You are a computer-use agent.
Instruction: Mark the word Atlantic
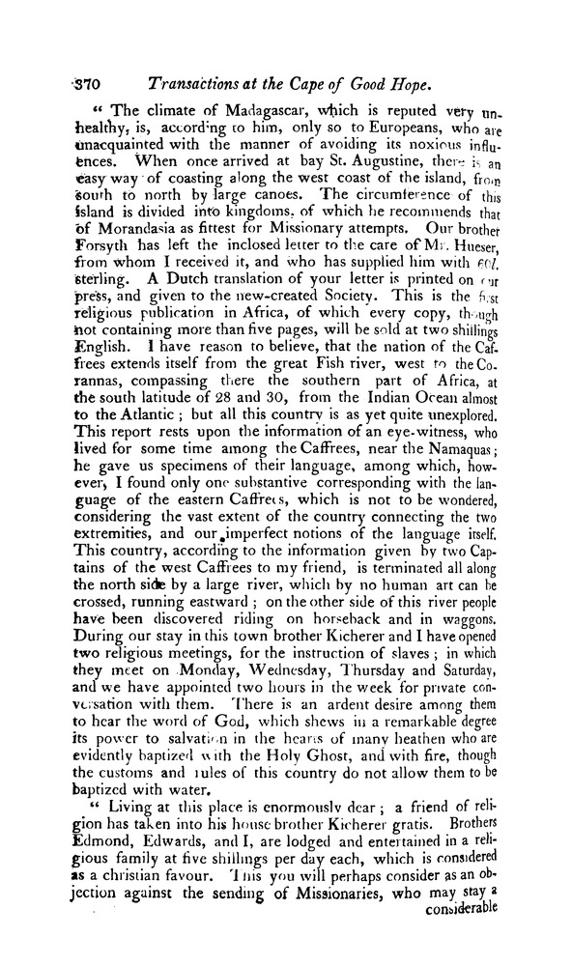click(x=142, y=416)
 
